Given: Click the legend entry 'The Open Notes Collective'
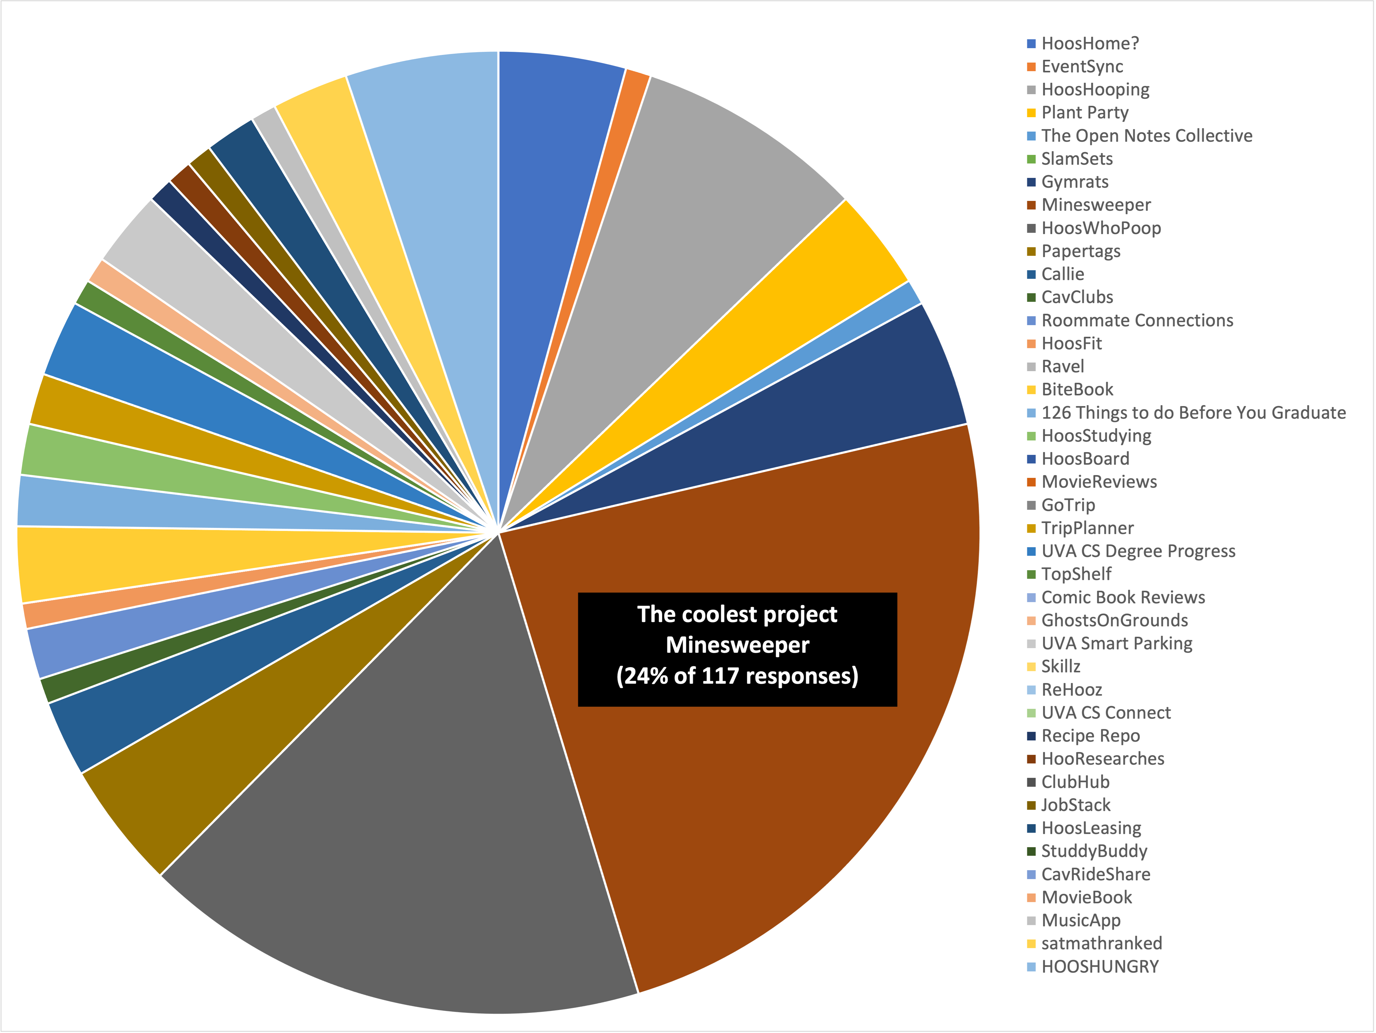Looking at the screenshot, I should pos(1146,136).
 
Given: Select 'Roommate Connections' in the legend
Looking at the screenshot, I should pos(1137,321).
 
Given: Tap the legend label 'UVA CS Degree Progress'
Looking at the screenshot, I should pos(1138,551).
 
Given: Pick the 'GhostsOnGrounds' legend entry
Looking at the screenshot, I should pos(1115,620).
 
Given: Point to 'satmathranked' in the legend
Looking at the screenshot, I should pos(1102,943).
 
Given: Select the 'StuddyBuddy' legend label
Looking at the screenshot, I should pos(1094,851).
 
